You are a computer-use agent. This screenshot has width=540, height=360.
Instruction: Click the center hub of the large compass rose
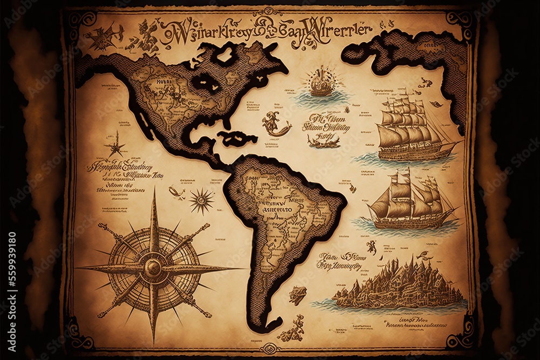(153, 267)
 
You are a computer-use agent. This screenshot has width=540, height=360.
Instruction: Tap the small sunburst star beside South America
(201, 201)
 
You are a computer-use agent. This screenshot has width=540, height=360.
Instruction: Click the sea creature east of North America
(275, 124)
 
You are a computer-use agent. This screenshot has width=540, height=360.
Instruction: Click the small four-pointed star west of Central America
(115, 144)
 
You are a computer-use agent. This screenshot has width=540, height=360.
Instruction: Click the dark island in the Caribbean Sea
(238, 139)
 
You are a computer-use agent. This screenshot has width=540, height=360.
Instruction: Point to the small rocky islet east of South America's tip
(297, 295)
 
